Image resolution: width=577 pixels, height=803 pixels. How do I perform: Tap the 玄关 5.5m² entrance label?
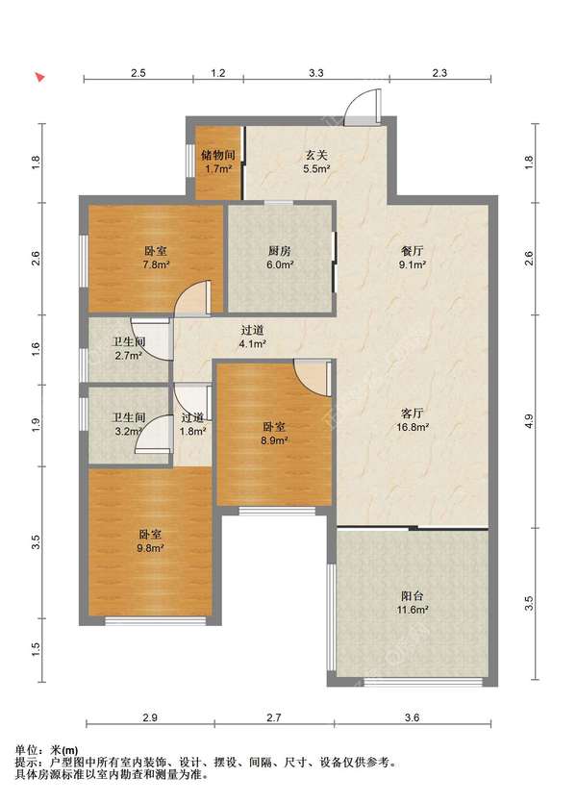(316, 162)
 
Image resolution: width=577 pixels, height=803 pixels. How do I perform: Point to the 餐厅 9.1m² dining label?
(413, 258)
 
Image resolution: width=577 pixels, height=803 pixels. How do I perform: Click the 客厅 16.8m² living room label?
(413, 420)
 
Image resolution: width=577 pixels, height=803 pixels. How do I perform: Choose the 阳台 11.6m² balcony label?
(413, 603)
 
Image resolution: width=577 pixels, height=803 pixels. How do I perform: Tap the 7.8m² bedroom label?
(155, 258)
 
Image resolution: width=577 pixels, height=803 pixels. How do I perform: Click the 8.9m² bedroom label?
(274, 434)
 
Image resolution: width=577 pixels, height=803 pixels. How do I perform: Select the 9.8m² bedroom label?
(151, 541)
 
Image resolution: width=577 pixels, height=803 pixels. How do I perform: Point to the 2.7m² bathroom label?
(129, 348)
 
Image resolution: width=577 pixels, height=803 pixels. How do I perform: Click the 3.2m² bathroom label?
(129, 424)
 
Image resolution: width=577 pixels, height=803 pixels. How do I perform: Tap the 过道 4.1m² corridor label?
(252, 337)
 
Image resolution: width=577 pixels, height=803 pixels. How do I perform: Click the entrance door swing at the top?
(363, 107)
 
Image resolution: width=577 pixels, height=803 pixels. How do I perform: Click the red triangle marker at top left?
(39, 78)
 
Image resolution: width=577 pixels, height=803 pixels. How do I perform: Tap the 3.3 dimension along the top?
(315, 73)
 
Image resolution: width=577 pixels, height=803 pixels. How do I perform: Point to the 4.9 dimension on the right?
(529, 421)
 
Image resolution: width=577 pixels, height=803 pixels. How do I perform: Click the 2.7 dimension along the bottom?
(274, 717)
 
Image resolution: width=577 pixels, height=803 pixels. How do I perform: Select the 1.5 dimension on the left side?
(36, 650)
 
